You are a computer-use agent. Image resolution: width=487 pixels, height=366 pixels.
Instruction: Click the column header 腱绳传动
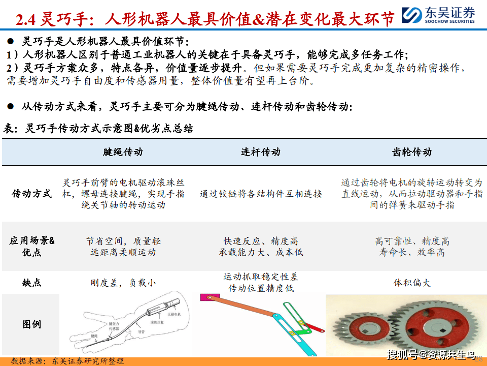(x=123, y=152)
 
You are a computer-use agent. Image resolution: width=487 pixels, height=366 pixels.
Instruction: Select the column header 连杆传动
(x=260, y=152)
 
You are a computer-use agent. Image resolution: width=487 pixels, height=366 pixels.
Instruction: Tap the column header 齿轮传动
(x=412, y=152)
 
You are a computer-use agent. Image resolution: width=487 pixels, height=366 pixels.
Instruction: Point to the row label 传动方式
(x=31, y=194)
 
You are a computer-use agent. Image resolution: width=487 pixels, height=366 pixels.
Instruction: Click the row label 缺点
(x=31, y=283)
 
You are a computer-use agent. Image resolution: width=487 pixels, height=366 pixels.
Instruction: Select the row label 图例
(x=31, y=324)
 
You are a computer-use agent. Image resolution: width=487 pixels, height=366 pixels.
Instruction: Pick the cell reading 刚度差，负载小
(x=123, y=283)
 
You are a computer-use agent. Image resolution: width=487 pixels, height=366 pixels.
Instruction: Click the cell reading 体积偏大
(x=412, y=283)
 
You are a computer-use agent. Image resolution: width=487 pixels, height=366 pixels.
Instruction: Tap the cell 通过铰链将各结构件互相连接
(x=260, y=194)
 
